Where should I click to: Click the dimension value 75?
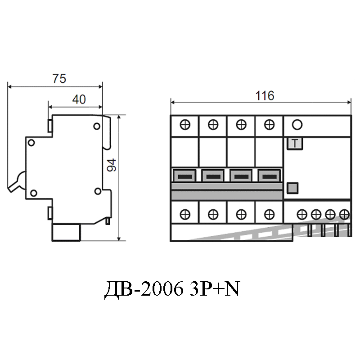(59, 78)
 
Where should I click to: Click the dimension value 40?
(79, 99)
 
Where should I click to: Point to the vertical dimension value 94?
(112, 165)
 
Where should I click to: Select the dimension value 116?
(265, 96)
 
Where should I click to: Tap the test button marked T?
(295, 144)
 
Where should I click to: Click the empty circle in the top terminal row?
(297, 125)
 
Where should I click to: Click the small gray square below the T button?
(292, 188)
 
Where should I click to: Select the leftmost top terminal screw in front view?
(185, 125)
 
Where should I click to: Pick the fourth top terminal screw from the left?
(269, 125)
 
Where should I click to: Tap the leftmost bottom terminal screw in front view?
(185, 215)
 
